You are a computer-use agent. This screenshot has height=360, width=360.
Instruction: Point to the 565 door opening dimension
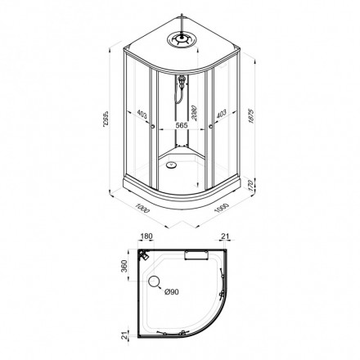pyautogui.click(x=182, y=127)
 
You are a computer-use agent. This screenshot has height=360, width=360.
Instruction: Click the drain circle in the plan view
pyautogui.click(x=155, y=284)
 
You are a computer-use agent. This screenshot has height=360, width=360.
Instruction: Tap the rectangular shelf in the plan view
pyautogui.click(x=198, y=256)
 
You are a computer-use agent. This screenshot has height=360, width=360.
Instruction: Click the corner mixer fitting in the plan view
pyautogui.click(x=144, y=254)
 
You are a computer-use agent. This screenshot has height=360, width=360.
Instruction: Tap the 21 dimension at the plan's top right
pyautogui.click(x=227, y=238)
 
